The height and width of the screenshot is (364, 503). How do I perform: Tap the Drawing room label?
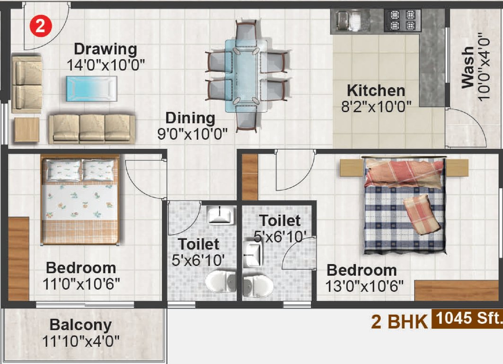pyautogui.click(x=105, y=49)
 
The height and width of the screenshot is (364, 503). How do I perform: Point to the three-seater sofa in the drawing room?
pyautogui.click(x=92, y=128)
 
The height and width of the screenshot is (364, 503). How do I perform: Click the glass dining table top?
pyautogui.click(x=245, y=76)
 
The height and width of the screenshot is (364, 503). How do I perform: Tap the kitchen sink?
pyautogui.click(x=348, y=20)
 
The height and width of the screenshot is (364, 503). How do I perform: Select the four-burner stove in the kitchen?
pyautogui.click(x=402, y=20)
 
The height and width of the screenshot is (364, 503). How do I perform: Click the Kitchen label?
pyautogui.click(x=376, y=90)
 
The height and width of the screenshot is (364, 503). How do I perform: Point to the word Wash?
pyautogui.click(x=467, y=67)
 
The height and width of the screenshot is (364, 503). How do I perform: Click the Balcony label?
pyautogui.click(x=81, y=325)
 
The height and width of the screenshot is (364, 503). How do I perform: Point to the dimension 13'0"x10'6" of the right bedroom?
pyautogui.click(x=364, y=286)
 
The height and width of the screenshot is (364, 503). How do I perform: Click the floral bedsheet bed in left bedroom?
pyautogui.click(x=79, y=199)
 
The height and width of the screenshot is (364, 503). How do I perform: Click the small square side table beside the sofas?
pyautogui.click(x=26, y=129)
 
